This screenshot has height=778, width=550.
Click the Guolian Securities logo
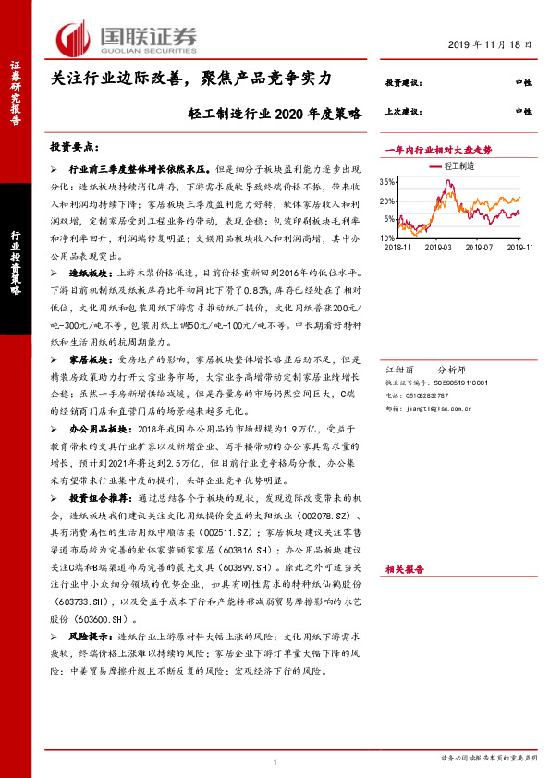click(x=128, y=38)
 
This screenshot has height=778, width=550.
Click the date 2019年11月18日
click(x=495, y=44)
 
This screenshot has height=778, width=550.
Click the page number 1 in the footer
click(x=275, y=762)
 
